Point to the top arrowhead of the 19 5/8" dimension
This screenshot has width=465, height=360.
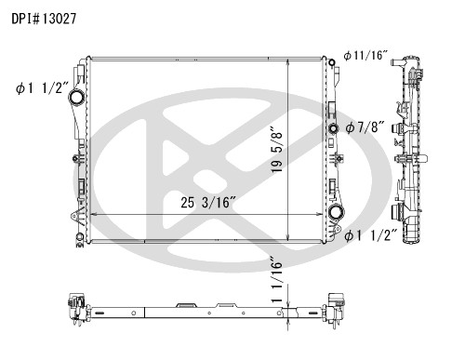[x=290, y=62]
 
